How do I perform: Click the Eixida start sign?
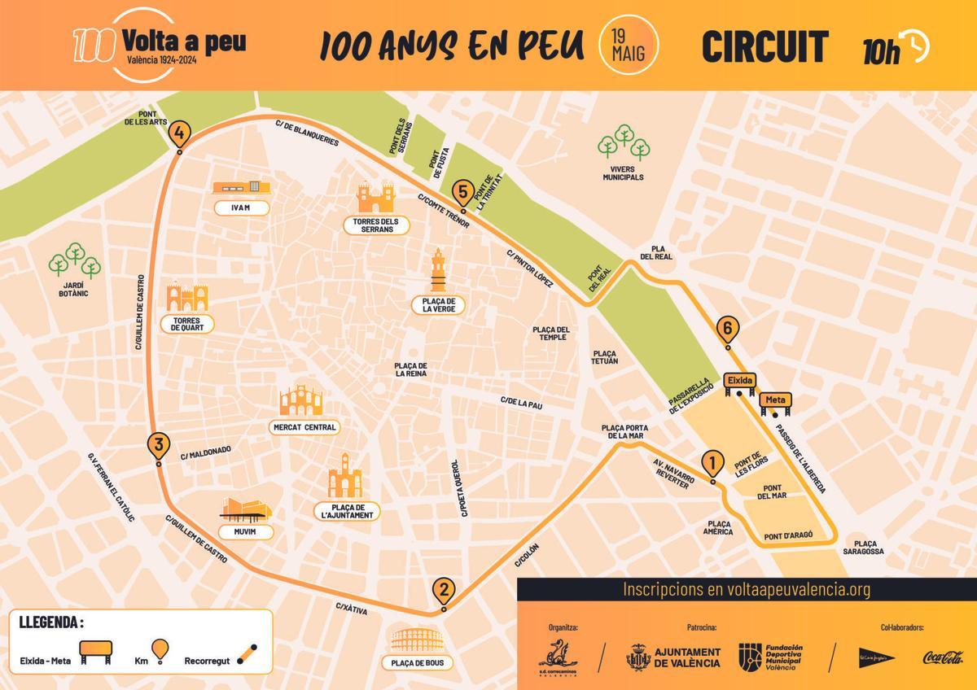[740, 381]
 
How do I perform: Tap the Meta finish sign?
[775, 401]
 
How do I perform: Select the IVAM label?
[239, 207]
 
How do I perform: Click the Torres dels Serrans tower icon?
[375, 198]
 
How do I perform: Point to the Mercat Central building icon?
[301, 401]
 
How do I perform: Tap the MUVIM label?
[246, 532]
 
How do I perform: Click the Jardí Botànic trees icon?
[74, 260]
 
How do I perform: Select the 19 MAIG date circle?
[628, 46]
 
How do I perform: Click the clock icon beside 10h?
[917, 46]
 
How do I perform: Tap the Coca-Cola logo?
[942, 657]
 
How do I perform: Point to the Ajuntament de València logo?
[673, 657]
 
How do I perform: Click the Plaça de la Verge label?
[438, 305]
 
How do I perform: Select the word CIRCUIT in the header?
[765, 47]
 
